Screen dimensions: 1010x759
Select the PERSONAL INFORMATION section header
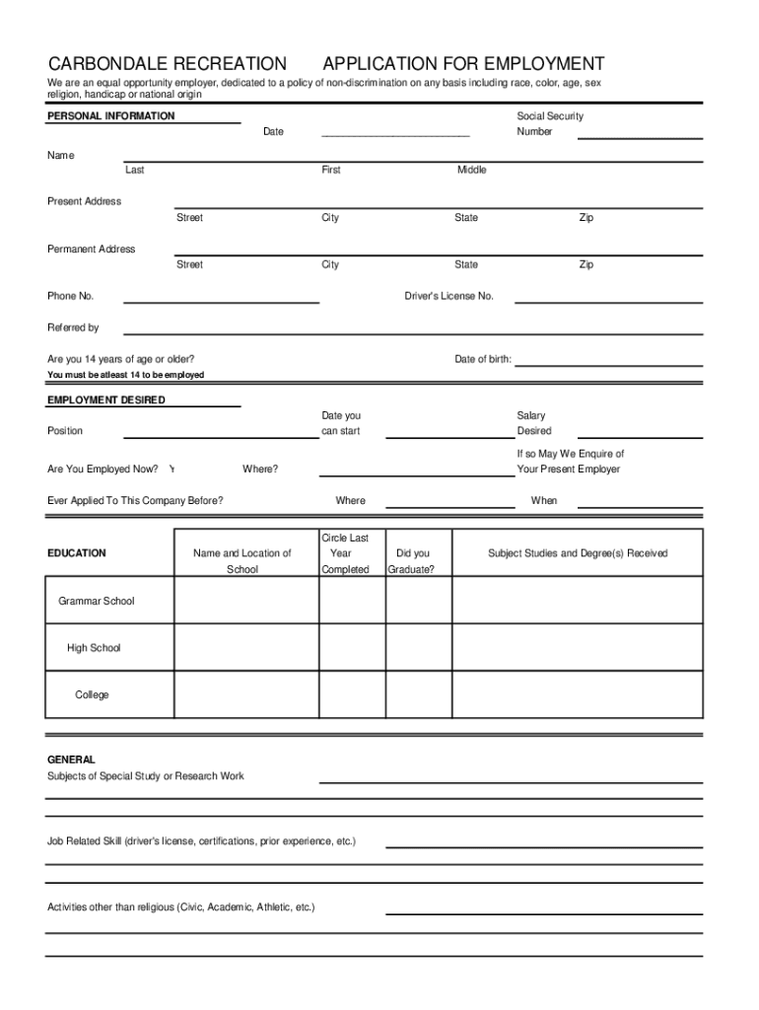pyautogui.click(x=111, y=116)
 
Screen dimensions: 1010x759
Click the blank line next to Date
pyautogui.click(x=395, y=132)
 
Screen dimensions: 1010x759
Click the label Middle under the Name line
pyautogui.click(x=471, y=171)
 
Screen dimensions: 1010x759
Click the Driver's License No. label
pyautogui.click(x=448, y=297)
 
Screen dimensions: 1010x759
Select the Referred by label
pyautogui.click(x=73, y=327)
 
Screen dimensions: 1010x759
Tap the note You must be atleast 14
pyautogui.click(x=126, y=376)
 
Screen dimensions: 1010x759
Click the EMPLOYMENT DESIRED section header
pyautogui.click(x=106, y=400)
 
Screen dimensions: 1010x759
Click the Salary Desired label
pyautogui.click(x=533, y=423)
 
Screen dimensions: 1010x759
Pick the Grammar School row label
pyautogui.click(x=97, y=602)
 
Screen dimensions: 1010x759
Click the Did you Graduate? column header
pyautogui.click(x=412, y=561)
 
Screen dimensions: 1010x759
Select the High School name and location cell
pyautogui.click(x=245, y=648)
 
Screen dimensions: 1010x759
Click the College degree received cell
pyautogui.click(x=577, y=695)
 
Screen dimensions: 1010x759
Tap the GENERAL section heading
pyautogui.click(x=71, y=760)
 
